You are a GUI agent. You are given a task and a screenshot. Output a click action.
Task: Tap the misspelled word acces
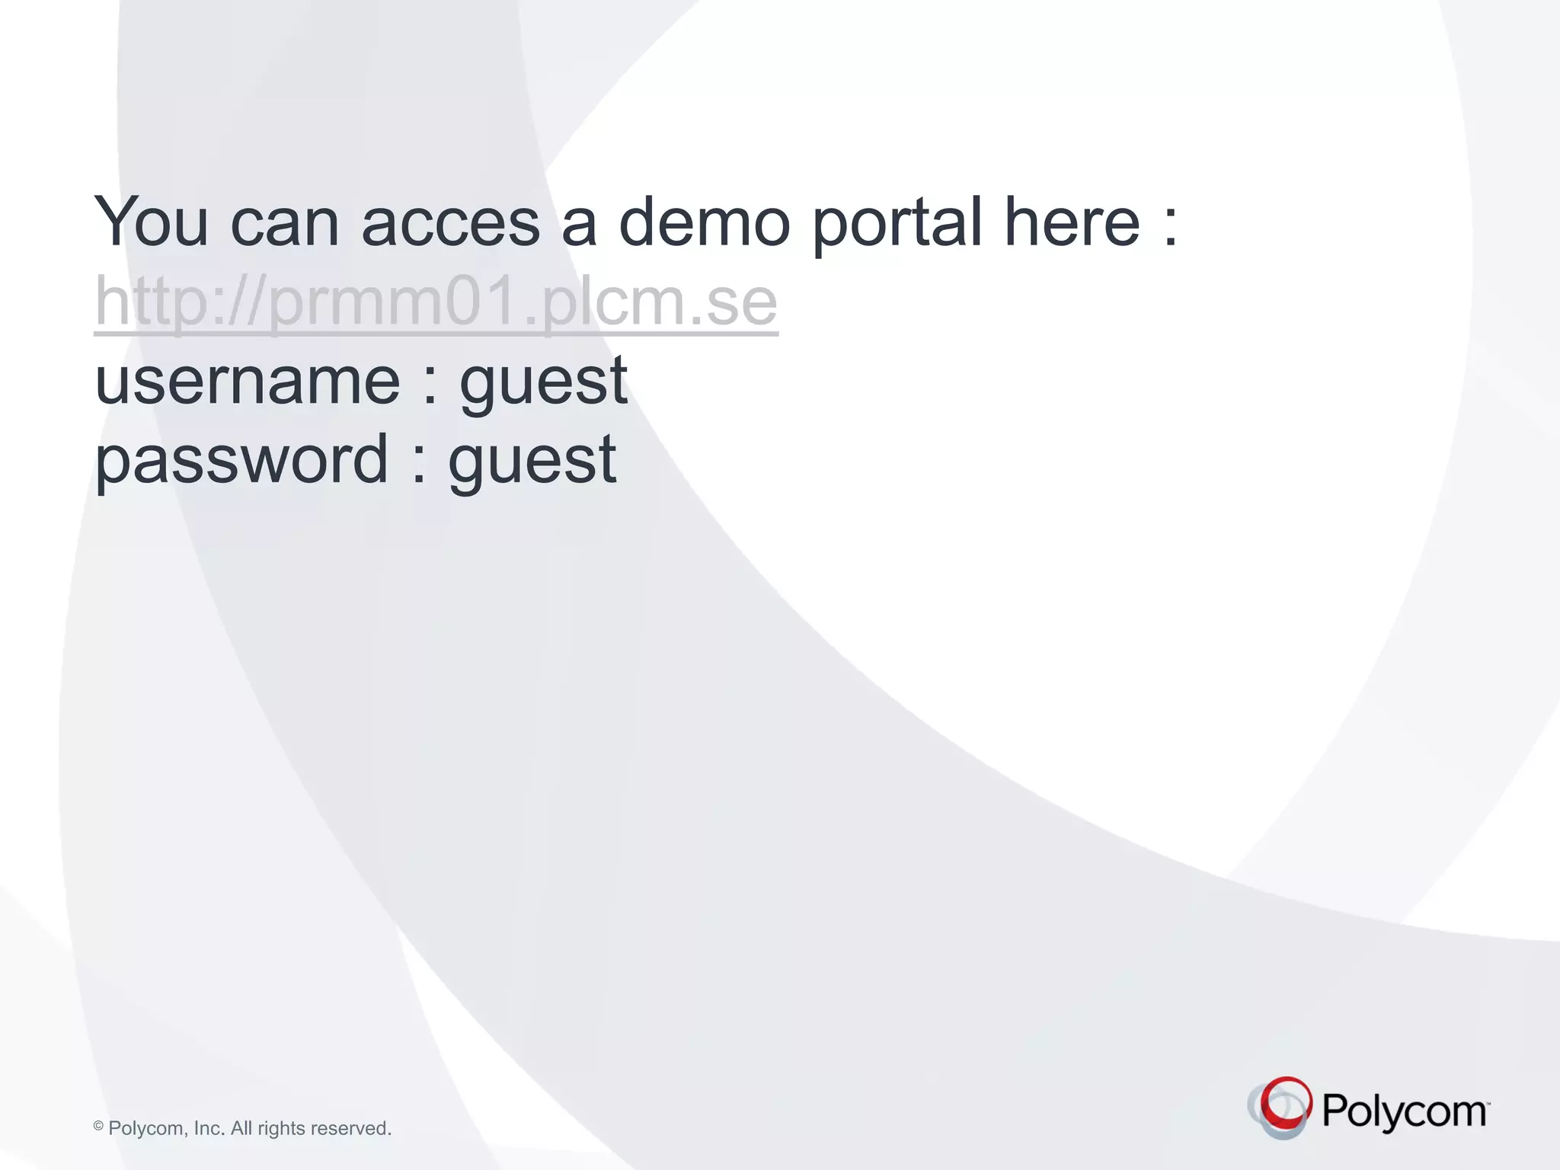click(450, 223)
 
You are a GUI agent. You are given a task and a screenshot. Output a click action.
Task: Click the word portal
click(897, 223)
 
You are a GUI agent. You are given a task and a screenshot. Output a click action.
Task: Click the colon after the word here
click(1171, 226)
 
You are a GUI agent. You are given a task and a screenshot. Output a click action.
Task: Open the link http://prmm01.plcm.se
click(436, 302)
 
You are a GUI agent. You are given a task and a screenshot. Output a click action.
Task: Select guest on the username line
click(543, 383)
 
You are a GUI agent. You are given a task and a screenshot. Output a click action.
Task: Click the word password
click(241, 461)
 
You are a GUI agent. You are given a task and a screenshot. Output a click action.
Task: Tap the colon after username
click(430, 385)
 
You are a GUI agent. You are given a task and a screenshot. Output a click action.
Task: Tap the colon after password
click(419, 464)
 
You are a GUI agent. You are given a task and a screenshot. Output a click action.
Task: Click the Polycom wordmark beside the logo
click(1404, 1111)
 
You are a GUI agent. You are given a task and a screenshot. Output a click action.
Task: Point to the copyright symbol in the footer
click(98, 1126)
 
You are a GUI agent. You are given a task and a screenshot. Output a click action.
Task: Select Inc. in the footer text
click(209, 1128)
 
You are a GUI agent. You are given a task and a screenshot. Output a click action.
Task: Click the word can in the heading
click(284, 223)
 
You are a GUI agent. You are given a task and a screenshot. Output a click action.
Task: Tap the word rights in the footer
click(281, 1129)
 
